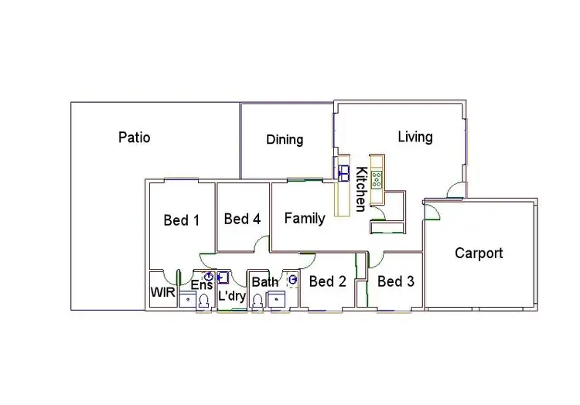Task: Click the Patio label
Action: (x=134, y=138)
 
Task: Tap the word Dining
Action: (x=285, y=140)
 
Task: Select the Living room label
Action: (x=415, y=137)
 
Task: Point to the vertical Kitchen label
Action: (x=360, y=189)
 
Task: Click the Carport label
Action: (x=479, y=253)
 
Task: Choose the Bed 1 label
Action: (x=182, y=220)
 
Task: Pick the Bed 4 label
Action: (x=242, y=219)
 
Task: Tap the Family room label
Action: (x=305, y=218)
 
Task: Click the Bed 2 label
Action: (x=327, y=281)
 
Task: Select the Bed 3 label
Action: (x=395, y=281)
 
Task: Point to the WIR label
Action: (x=162, y=292)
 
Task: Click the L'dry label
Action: (x=231, y=296)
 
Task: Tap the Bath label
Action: (x=264, y=282)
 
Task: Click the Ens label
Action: (x=201, y=285)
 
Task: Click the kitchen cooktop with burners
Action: (x=377, y=180)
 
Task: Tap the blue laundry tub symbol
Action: (x=223, y=277)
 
